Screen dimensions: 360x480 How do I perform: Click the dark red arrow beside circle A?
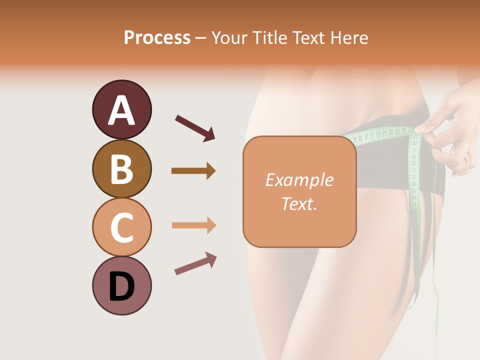point(195,127)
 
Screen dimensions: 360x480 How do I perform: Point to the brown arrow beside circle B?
point(193,171)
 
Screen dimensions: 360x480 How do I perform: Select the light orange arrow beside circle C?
point(193,225)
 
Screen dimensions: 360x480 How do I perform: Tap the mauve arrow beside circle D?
point(195,263)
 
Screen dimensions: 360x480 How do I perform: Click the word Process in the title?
point(157,38)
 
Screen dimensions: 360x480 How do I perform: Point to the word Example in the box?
point(299,180)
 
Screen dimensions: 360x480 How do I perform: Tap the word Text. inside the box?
point(299,203)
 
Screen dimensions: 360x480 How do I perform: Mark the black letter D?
point(121,286)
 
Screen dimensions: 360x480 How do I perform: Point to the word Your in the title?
point(227,38)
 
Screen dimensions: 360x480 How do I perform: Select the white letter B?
point(121,169)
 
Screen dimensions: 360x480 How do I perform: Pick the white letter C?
point(121,227)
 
